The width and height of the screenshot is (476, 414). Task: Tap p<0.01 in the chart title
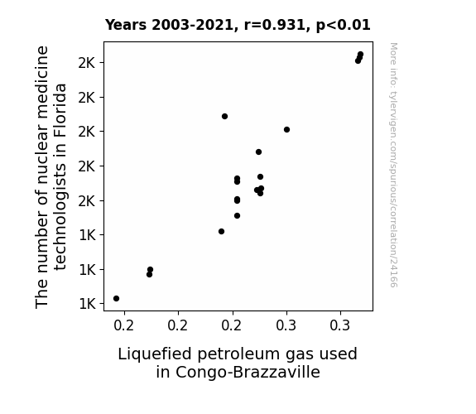pos(344,26)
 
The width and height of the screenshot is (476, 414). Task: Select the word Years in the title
pos(126,25)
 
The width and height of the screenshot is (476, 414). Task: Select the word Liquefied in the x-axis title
pos(155,354)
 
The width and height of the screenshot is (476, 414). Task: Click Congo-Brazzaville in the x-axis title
pos(248,373)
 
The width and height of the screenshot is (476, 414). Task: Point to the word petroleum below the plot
pos(238,354)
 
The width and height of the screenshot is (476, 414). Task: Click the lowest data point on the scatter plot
pos(116,299)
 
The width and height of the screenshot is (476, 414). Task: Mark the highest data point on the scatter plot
pos(361,55)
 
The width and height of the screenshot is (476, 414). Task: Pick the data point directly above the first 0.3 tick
pos(287,130)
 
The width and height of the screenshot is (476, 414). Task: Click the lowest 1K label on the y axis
pos(87,304)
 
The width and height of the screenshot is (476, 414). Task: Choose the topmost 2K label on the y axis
pos(87,63)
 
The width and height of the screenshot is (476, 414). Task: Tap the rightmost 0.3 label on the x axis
pos(340,325)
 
